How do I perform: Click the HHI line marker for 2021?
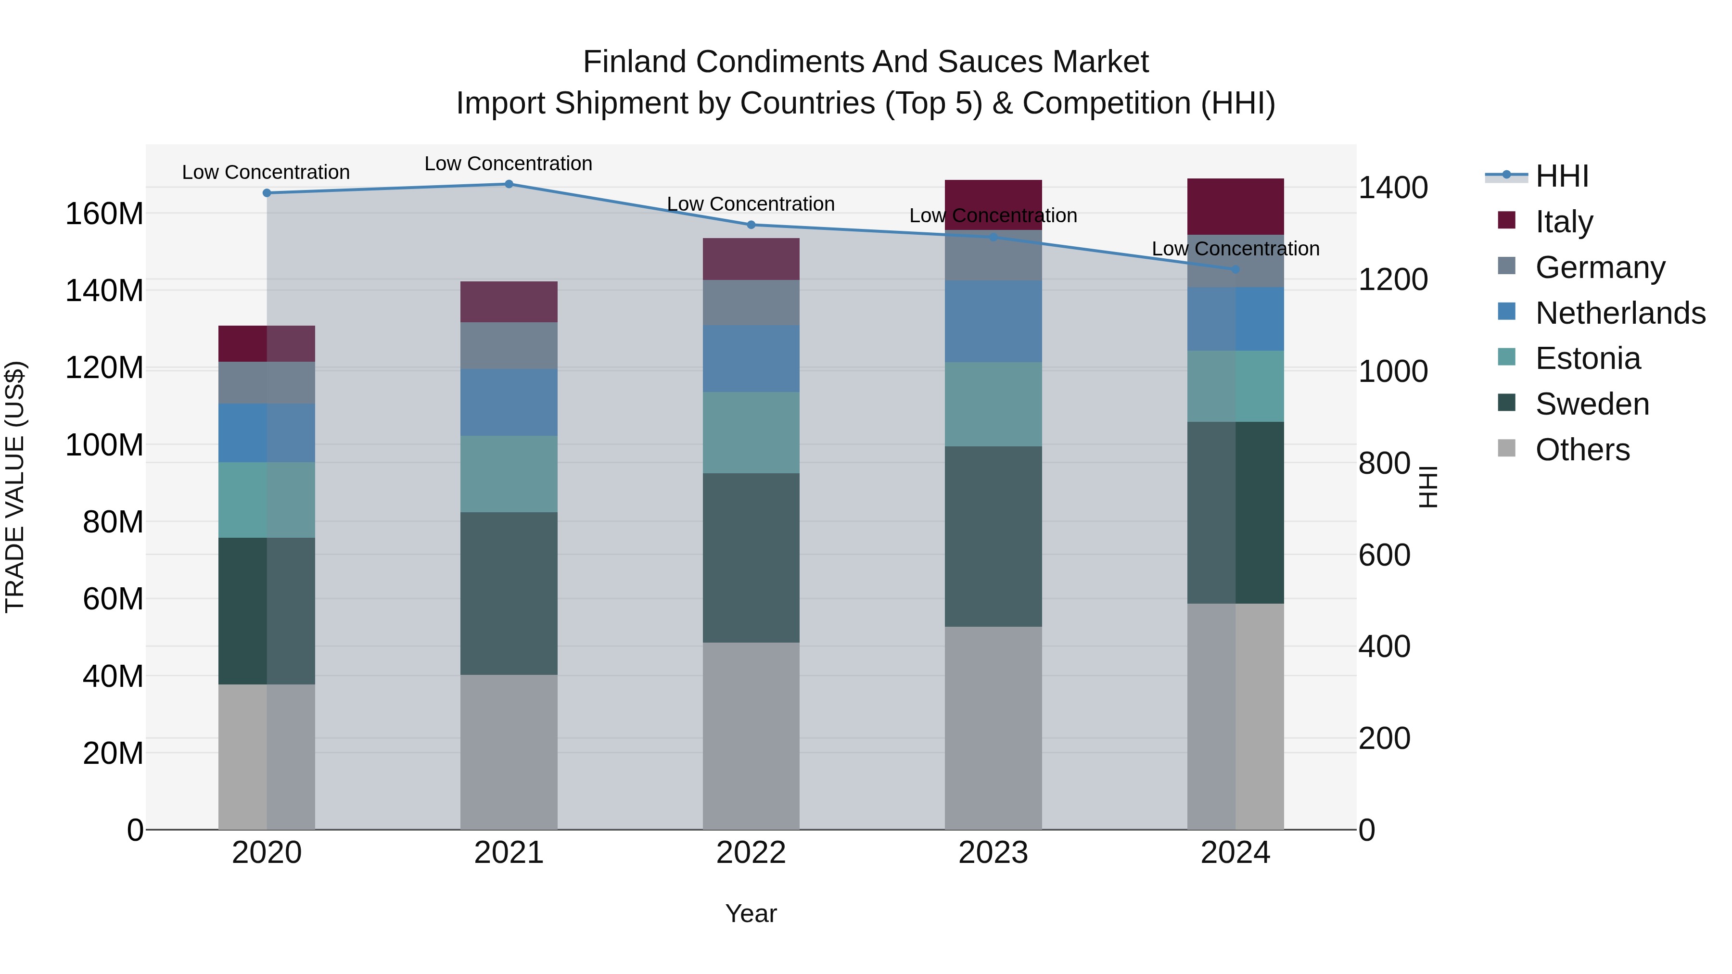click(509, 184)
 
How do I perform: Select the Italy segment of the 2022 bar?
click(751, 259)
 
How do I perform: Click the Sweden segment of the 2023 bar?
click(993, 536)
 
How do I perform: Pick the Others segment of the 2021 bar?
click(509, 751)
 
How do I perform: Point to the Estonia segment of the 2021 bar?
click(509, 474)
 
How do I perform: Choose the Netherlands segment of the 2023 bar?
click(993, 321)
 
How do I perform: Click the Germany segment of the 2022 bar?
click(751, 303)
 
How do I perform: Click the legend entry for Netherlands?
click(1620, 313)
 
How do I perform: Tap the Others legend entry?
click(1582, 450)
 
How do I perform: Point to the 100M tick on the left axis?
click(104, 445)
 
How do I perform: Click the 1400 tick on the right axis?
click(1393, 188)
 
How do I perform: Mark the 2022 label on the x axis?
click(751, 853)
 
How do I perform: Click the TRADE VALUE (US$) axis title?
click(15, 487)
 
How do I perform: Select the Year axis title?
click(751, 913)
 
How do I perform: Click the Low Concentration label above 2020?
click(266, 172)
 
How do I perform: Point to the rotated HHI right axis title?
click(1427, 487)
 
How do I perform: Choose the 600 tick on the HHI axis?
click(1384, 555)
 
